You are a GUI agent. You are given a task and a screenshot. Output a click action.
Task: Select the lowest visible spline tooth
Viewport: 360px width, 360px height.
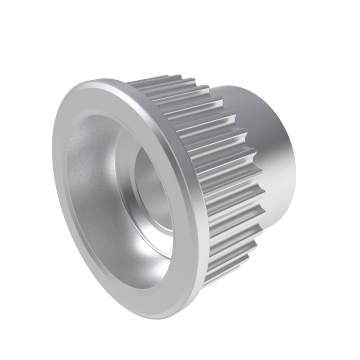coord(206,283)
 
